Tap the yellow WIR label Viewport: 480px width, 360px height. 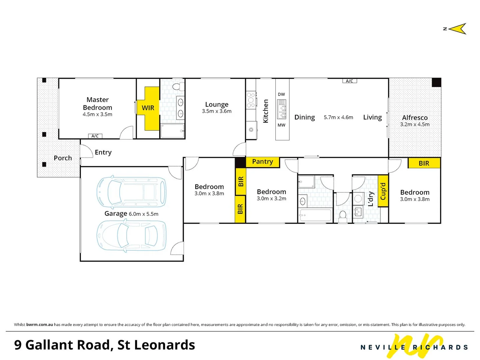pos(148,108)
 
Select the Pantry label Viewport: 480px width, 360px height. pos(262,162)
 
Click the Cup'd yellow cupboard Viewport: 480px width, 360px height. pos(383,191)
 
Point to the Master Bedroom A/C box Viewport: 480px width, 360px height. pos(95,136)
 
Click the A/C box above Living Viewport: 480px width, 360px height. pos(349,81)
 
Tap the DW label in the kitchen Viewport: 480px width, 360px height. pos(281,94)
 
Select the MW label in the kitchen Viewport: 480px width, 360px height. pos(281,125)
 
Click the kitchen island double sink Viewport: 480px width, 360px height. pos(281,109)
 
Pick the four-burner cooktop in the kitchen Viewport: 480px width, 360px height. pos(251,100)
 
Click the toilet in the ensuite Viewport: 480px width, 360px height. pos(178,86)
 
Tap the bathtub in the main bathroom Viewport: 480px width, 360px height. pos(315,215)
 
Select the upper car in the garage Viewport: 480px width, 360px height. pos(131,192)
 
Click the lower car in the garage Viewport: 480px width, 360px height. pos(131,236)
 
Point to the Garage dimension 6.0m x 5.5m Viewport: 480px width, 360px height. pos(143,214)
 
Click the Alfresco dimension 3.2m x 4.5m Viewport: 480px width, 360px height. pos(415,124)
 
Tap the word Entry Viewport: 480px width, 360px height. pos(103,152)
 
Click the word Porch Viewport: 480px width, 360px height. pos(63,158)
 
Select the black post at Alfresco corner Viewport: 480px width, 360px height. pos(436,82)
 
